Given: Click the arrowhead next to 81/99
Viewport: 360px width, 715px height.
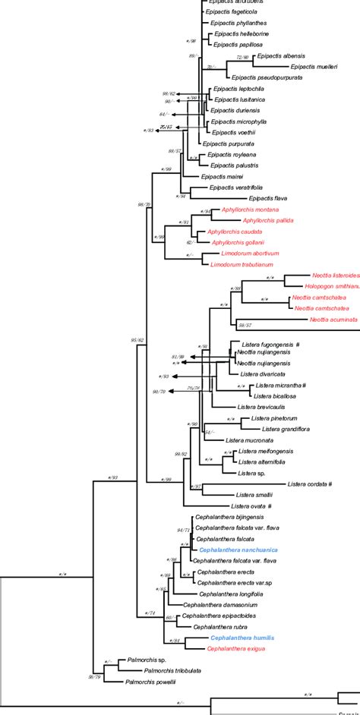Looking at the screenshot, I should [x=192, y=356].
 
